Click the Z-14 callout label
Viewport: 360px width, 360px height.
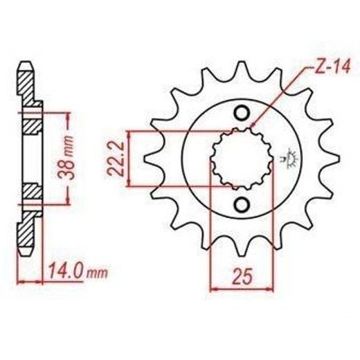(x=331, y=66)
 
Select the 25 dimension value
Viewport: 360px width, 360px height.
(x=242, y=276)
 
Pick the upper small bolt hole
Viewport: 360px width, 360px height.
(x=242, y=113)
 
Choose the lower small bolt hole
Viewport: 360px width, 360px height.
(x=242, y=204)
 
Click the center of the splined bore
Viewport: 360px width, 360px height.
(x=242, y=159)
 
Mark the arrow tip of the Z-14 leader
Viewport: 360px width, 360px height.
(x=252, y=126)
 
